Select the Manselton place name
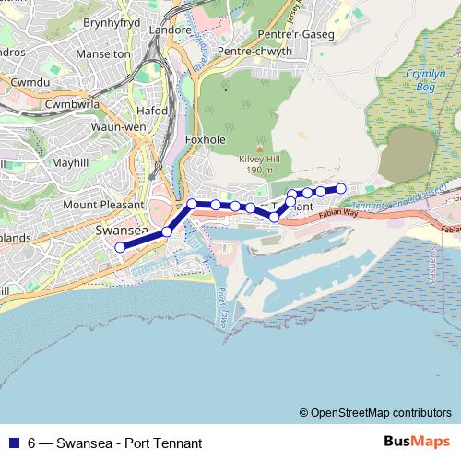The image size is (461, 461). pos(101,54)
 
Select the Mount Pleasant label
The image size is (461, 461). pos(102,204)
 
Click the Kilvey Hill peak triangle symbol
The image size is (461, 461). pos(260,148)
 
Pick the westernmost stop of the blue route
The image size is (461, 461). pos(119,247)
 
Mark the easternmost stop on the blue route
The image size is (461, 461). pos(340,188)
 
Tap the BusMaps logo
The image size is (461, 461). pos(417,443)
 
